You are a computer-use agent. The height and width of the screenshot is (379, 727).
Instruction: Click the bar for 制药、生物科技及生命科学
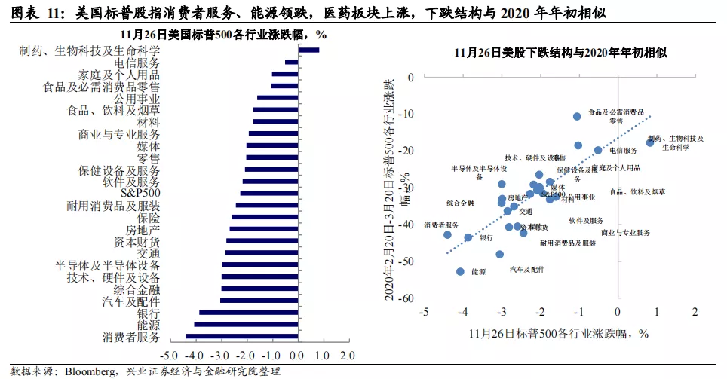309,50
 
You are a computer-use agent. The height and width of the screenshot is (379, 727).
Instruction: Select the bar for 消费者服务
242,336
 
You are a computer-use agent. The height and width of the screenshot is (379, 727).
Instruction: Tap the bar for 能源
247,324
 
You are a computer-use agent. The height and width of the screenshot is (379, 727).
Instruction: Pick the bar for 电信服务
291,63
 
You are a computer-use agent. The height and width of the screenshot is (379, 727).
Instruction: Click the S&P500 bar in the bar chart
269,193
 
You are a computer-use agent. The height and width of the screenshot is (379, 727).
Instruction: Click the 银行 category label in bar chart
148,313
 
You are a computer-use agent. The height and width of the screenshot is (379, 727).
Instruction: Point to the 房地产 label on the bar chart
142,229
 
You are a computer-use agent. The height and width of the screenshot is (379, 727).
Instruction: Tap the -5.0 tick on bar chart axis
170,355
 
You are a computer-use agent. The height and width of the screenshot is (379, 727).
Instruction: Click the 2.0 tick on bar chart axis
346,355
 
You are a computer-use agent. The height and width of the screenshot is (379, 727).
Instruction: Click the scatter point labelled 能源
460,271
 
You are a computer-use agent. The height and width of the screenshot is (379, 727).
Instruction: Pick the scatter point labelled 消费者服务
447,234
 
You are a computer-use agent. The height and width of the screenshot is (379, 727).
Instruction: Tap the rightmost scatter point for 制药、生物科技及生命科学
649,142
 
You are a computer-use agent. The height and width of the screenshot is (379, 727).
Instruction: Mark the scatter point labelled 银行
468,237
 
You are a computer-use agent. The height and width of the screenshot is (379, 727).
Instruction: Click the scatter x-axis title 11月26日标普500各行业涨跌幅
559,332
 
